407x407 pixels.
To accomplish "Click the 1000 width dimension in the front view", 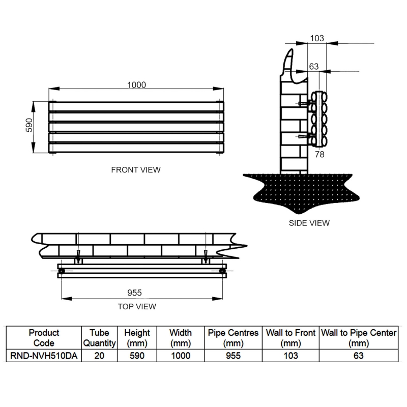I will (136, 85).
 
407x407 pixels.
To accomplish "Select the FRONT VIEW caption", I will (136, 170).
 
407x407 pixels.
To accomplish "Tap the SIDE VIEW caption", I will (309, 223).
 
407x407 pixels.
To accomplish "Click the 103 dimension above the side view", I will (316, 39).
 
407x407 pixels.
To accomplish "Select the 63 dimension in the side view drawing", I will (314, 66).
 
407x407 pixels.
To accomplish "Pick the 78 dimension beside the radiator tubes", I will (319, 154).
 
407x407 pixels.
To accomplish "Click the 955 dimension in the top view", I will (134, 293).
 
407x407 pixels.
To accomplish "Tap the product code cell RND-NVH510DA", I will (44, 356).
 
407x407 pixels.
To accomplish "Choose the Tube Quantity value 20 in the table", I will (100, 356).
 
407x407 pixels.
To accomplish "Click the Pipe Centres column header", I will (233, 338).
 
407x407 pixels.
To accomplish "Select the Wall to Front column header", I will (290, 338).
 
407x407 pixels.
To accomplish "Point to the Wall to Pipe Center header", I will (358, 338).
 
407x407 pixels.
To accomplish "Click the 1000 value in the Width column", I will (180, 356).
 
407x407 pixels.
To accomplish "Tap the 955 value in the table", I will (233, 356).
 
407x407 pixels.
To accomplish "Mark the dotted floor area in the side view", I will (300, 191).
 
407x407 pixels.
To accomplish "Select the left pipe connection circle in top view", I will (61, 272).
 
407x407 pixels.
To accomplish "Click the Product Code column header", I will (44, 338).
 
